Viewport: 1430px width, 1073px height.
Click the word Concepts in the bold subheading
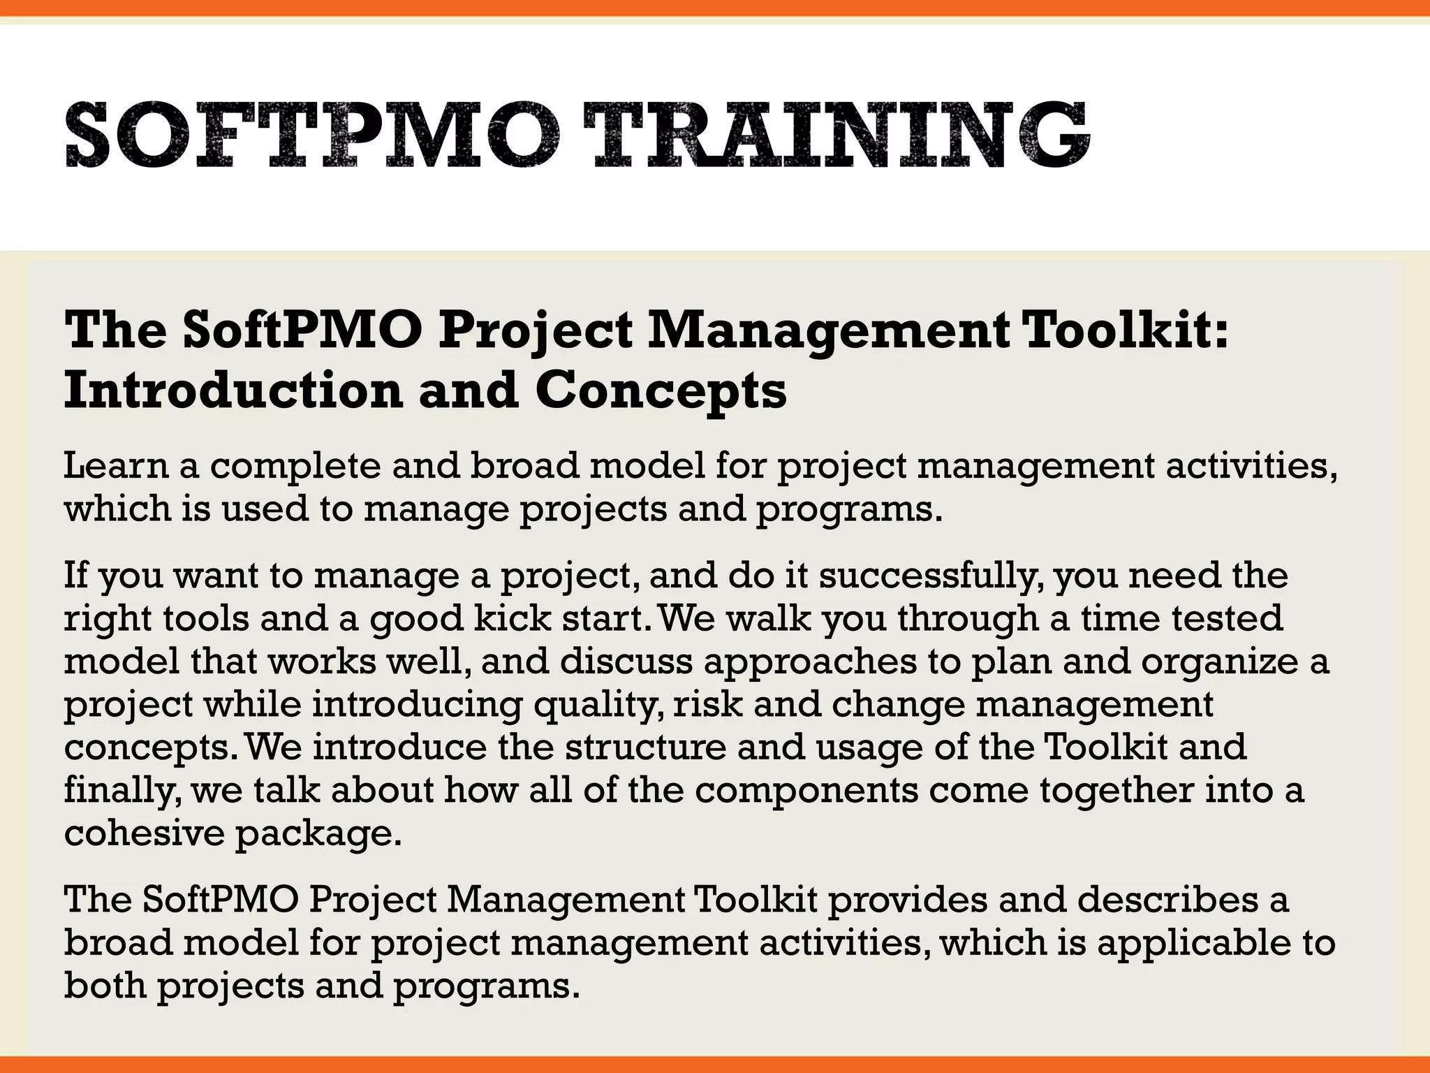click(661, 391)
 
